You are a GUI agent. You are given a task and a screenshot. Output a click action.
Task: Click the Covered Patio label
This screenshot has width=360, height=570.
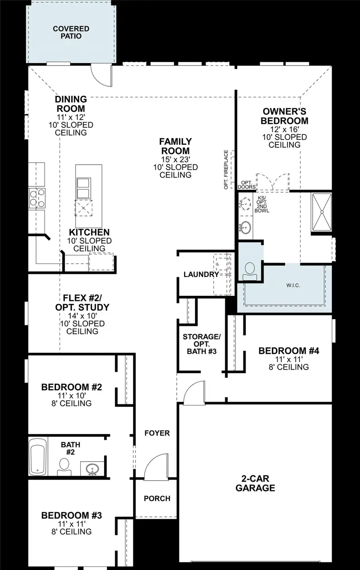point(71,32)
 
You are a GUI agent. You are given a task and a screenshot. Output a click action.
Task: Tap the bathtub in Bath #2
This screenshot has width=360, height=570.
point(38,456)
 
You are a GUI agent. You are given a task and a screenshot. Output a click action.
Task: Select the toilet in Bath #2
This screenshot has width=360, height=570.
point(64,467)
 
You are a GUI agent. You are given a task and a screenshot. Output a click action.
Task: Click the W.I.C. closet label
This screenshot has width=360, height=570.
point(293,285)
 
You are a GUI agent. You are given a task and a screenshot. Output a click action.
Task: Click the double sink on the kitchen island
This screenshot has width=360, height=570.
point(83,188)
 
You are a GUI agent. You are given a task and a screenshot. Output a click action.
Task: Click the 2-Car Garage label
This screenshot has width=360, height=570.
point(255,483)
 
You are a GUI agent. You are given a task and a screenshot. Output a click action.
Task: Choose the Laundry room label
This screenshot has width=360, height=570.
point(201,274)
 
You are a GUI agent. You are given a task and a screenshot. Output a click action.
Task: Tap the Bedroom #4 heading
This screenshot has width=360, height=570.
point(288,351)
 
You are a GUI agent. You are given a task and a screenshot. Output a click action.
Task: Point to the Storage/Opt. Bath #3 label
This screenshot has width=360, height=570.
point(202,344)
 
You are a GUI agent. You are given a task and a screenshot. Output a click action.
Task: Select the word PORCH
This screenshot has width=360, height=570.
point(157,498)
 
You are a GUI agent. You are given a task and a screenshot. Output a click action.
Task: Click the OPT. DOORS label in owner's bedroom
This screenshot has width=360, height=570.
point(246,185)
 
